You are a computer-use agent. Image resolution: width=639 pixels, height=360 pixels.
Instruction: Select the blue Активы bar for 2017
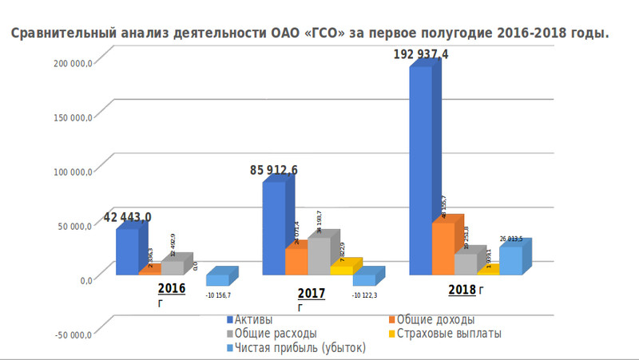point(273,227)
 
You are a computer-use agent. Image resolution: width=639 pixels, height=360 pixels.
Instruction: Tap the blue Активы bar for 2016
point(126,251)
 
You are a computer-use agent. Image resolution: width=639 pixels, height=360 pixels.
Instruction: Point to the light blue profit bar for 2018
point(510,260)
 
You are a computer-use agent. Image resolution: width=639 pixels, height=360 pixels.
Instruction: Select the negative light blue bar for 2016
point(217,280)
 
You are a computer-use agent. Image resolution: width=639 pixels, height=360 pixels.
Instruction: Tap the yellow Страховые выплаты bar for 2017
point(342,271)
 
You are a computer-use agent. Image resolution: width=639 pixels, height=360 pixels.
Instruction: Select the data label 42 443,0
point(127,217)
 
